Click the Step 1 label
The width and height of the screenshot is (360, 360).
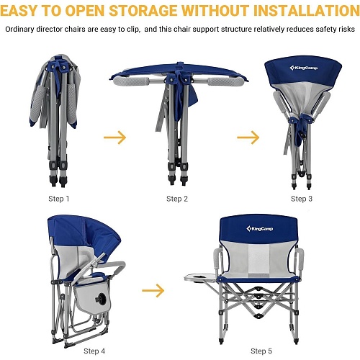pos(59,199)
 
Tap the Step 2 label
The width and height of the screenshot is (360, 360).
pos(177,199)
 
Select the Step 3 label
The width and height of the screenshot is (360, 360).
pos(302,199)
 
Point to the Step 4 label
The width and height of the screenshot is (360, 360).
pos(94,351)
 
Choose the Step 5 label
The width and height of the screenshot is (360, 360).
pos(261,351)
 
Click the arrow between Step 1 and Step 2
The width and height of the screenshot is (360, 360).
pos(115,138)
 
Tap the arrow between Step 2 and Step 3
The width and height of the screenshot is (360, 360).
pos(248,138)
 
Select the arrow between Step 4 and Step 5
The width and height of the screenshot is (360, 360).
pos(153,290)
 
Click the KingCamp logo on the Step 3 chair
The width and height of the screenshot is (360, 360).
pos(304,68)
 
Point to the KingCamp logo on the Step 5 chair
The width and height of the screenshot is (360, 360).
pos(260,228)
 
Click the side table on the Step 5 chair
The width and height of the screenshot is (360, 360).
pos(201,278)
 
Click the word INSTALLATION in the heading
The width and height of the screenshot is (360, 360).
pos(307,11)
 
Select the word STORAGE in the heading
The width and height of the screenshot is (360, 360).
pos(143,11)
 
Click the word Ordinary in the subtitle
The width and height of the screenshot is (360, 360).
pos(19,30)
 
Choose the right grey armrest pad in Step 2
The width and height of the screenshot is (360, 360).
pos(226,81)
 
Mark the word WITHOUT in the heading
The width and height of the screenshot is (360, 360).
pos(215,11)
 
